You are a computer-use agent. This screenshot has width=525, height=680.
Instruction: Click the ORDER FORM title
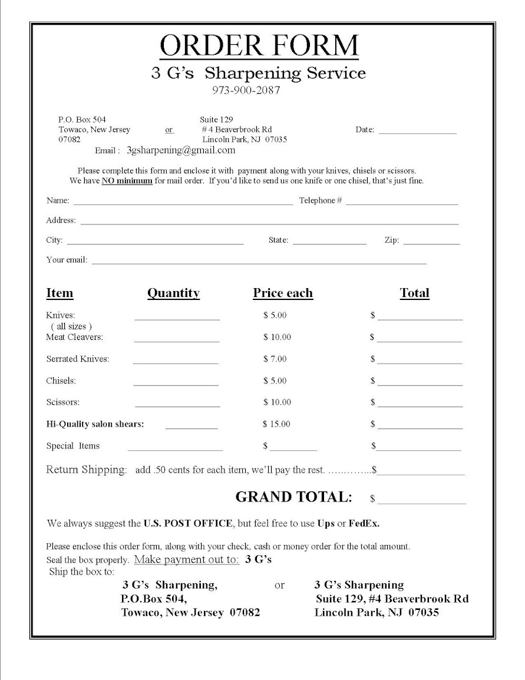click(259, 45)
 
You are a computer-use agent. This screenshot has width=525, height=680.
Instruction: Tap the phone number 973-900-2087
click(246, 91)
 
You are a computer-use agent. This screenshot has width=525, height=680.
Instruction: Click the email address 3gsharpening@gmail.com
click(181, 150)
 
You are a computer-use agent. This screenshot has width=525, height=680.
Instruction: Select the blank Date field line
click(417, 133)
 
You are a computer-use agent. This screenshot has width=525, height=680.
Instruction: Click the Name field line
click(183, 203)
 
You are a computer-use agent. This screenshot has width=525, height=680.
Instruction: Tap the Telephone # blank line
click(402, 203)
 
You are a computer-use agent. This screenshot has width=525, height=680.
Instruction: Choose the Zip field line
click(431, 243)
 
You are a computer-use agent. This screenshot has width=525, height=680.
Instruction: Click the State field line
click(329, 243)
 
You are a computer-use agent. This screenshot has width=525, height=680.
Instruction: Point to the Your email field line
click(259, 263)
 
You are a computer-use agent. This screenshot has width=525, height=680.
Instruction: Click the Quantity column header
click(173, 293)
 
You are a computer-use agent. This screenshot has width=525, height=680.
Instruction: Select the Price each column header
click(283, 293)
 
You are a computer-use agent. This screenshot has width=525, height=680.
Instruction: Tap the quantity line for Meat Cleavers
click(176, 341)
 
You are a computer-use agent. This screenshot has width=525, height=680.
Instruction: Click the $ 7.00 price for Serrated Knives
click(275, 359)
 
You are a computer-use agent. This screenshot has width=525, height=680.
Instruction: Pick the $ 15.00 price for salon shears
click(277, 424)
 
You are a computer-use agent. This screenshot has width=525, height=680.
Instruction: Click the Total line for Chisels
click(420, 384)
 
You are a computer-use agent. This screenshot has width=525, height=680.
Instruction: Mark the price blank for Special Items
click(293, 450)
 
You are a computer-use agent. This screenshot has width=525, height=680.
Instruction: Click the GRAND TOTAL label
click(293, 497)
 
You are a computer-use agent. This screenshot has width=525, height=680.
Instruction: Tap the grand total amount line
click(422, 503)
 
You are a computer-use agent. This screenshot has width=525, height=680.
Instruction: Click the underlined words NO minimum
click(127, 181)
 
